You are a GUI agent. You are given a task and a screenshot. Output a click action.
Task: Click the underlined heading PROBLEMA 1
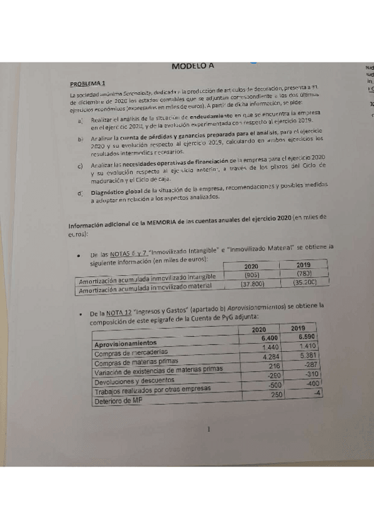coord(87,83)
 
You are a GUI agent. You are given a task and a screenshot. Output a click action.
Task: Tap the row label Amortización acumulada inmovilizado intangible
coord(143,277)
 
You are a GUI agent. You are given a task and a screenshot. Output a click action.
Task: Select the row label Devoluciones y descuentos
coord(135,381)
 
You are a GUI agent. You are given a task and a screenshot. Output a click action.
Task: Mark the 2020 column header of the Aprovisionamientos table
coord(259,329)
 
